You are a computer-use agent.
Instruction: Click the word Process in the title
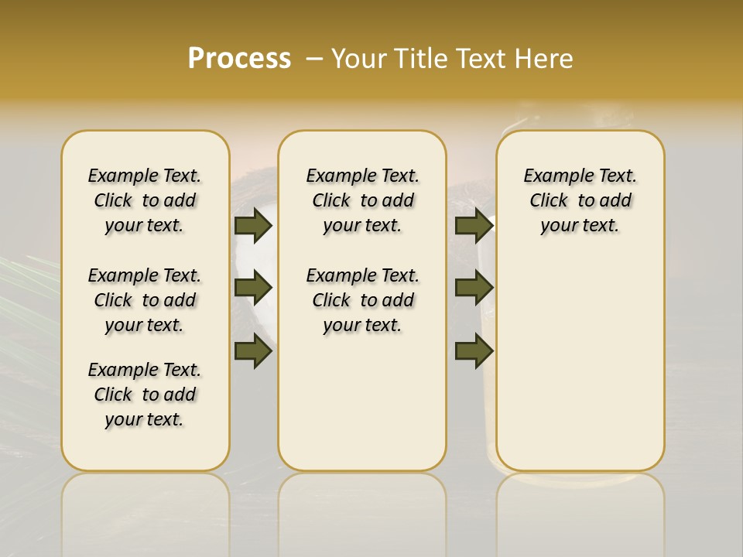point(239,58)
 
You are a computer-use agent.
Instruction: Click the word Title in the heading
point(418,59)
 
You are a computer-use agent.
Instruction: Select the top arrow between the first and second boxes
point(253,226)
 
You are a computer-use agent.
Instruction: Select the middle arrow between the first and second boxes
point(253,289)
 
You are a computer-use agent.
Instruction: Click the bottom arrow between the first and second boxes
point(253,351)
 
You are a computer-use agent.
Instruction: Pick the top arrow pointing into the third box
point(474,226)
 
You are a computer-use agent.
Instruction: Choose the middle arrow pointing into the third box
point(474,289)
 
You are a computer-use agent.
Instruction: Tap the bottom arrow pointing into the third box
point(474,351)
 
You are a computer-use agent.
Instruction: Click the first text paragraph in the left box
point(145,200)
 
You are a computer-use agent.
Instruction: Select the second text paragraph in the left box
point(145,300)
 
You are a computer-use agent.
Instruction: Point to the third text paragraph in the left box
point(145,395)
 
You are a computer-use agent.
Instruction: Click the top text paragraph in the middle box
point(362,200)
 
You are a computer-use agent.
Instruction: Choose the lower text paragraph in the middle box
point(362,300)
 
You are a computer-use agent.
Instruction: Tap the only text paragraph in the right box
point(580,200)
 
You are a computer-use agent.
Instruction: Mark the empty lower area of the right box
point(580,364)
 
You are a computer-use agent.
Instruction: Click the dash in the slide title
point(314,59)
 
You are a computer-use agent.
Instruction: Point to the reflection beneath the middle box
point(362,511)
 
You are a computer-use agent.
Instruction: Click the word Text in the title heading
point(477,59)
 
